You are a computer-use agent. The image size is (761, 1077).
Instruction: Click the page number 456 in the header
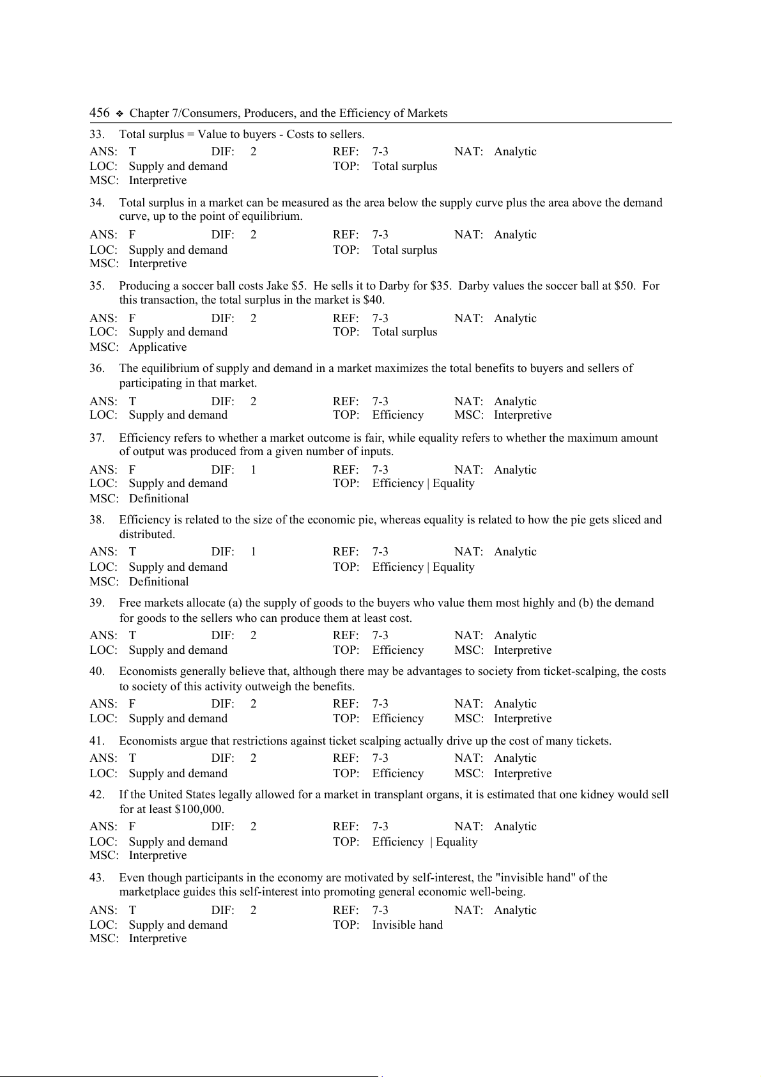(x=100, y=113)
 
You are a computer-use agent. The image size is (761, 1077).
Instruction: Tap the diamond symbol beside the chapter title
(x=119, y=114)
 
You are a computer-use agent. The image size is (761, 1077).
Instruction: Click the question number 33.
(x=96, y=134)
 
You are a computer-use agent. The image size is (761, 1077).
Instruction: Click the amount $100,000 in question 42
(x=198, y=809)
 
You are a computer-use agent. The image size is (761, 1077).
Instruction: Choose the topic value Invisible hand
(x=407, y=925)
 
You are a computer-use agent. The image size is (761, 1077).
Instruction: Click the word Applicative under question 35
(x=158, y=347)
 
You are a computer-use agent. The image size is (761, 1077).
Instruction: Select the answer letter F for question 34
(x=132, y=235)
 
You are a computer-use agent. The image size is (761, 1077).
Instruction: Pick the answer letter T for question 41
(x=132, y=758)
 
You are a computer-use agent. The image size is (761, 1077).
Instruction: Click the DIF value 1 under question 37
(x=253, y=470)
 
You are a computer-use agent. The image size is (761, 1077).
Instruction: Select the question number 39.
(x=96, y=603)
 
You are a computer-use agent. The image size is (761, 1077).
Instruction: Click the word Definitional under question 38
(x=159, y=582)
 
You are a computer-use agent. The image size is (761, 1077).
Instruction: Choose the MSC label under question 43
(x=104, y=938)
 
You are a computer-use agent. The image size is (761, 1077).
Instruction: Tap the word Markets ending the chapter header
(x=429, y=113)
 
